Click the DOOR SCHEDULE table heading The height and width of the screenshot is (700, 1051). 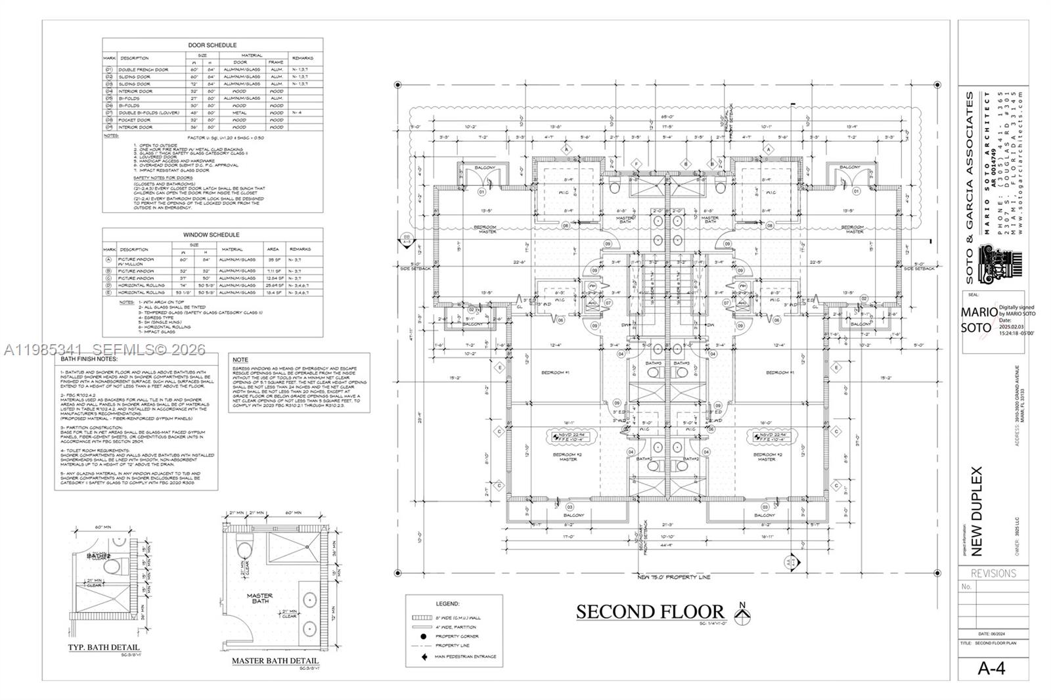pyautogui.click(x=212, y=45)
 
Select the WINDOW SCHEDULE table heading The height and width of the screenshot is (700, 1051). pyautogui.click(x=212, y=234)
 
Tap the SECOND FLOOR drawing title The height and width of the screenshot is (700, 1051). pyautogui.click(x=650, y=611)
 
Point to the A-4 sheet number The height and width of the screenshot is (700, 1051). pyautogui.click(x=992, y=668)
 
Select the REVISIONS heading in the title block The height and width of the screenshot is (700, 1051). pyautogui.click(x=994, y=573)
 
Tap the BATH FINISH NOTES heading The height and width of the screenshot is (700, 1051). pyautogui.click(x=89, y=360)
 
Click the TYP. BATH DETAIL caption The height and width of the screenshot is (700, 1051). pyautogui.click(x=104, y=647)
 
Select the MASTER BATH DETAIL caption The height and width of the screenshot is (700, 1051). pyautogui.click(x=275, y=661)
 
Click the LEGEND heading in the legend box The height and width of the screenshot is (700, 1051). pyautogui.click(x=448, y=603)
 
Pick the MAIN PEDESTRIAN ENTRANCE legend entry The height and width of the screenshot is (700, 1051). pyautogui.click(x=465, y=656)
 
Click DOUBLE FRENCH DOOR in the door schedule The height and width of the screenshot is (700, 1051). pyautogui.click(x=143, y=70)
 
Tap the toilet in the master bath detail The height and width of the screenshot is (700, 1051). pyautogui.click(x=243, y=549)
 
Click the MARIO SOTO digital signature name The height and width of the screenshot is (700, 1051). pyautogui.click(x=979, y=320)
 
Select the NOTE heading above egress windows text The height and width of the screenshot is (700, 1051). pyautogui.click(x=240, y=360)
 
